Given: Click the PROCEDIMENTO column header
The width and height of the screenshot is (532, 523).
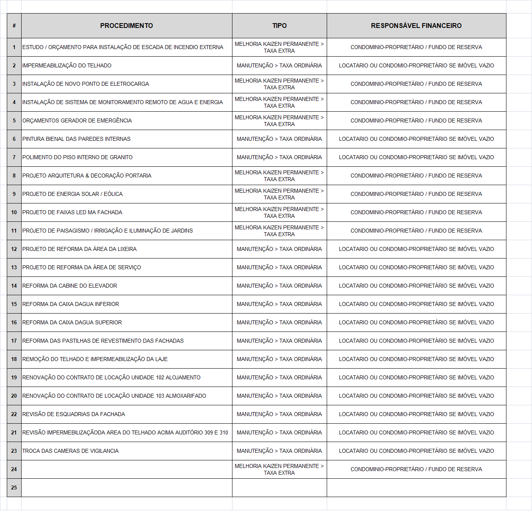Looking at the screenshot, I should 126,26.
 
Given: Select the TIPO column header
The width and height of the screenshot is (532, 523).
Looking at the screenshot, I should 279,26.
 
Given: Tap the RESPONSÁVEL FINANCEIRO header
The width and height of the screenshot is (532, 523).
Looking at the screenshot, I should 416,26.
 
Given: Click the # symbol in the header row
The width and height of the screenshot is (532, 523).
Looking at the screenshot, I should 14,26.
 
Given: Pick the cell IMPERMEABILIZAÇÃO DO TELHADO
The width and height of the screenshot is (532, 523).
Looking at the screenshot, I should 67,65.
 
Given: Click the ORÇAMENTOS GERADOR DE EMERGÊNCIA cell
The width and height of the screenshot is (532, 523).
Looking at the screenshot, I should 77,120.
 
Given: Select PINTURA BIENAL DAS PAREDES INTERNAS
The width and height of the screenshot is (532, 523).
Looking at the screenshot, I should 76,139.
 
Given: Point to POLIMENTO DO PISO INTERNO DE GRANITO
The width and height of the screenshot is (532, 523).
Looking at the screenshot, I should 77,157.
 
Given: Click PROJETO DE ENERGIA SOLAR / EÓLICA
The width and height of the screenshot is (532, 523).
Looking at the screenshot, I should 72,194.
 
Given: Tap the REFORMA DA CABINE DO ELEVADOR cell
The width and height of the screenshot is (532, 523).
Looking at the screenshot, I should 69,286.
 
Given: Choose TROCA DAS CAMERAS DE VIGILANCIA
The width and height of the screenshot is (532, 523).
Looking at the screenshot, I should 70,451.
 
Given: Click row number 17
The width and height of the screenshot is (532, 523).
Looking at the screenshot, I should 14,341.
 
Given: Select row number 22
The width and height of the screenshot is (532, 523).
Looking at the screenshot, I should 14,414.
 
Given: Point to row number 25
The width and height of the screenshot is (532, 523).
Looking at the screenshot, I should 14,487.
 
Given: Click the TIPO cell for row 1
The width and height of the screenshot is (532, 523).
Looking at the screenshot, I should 279,47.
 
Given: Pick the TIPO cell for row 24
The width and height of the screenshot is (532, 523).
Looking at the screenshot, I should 279,469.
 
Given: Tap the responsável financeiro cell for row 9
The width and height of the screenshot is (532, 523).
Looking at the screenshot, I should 416,194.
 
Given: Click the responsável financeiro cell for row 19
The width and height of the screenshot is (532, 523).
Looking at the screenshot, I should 416,377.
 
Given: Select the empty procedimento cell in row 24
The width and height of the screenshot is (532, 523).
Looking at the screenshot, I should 126,469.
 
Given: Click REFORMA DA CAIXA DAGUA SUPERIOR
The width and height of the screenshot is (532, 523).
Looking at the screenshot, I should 72,322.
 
